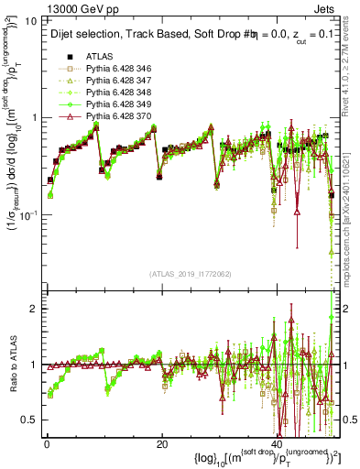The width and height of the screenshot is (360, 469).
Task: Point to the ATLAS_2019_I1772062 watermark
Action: tap(191, 274)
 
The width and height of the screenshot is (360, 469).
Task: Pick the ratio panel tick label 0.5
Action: tap(30, 420)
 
